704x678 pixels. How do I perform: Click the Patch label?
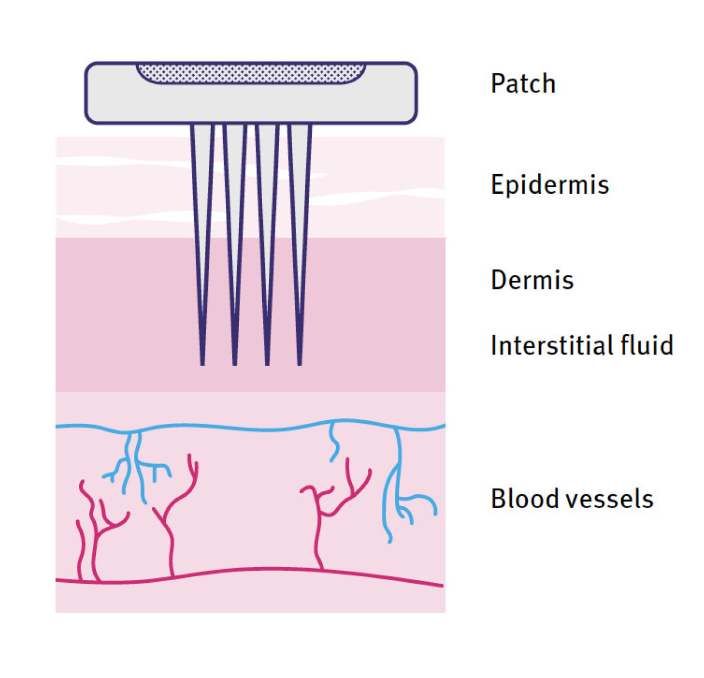click(x=523, y=84)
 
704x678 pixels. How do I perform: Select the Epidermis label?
click(x=549, y=185)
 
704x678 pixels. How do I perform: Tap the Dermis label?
click(x=532, y=280)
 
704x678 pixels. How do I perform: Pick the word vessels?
click(x=603, y=499)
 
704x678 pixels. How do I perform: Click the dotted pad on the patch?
click(x=251, y=73)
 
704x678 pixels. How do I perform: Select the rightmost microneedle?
click(x=300, y=218)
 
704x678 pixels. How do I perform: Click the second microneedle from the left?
click(x=235, y=218)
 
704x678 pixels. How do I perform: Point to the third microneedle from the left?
click(x=267, y=218)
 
